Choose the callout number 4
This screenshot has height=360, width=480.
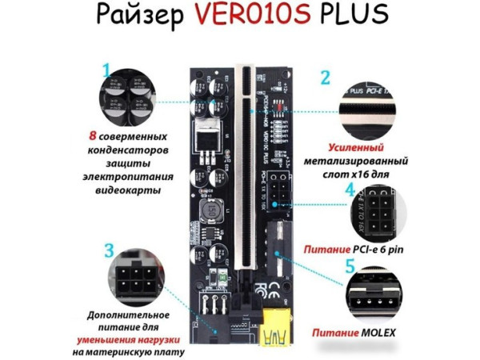point(350,191)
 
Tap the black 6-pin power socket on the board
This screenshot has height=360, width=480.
point(279,187)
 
